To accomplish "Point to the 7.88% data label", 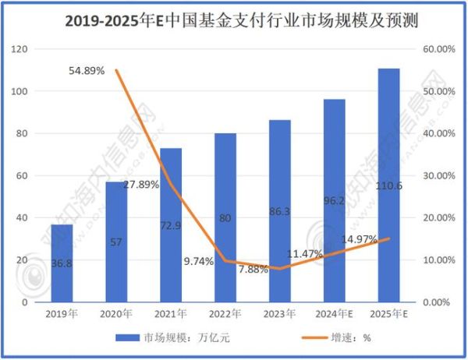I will click(253, 269).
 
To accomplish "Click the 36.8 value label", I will click(62, 263).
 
